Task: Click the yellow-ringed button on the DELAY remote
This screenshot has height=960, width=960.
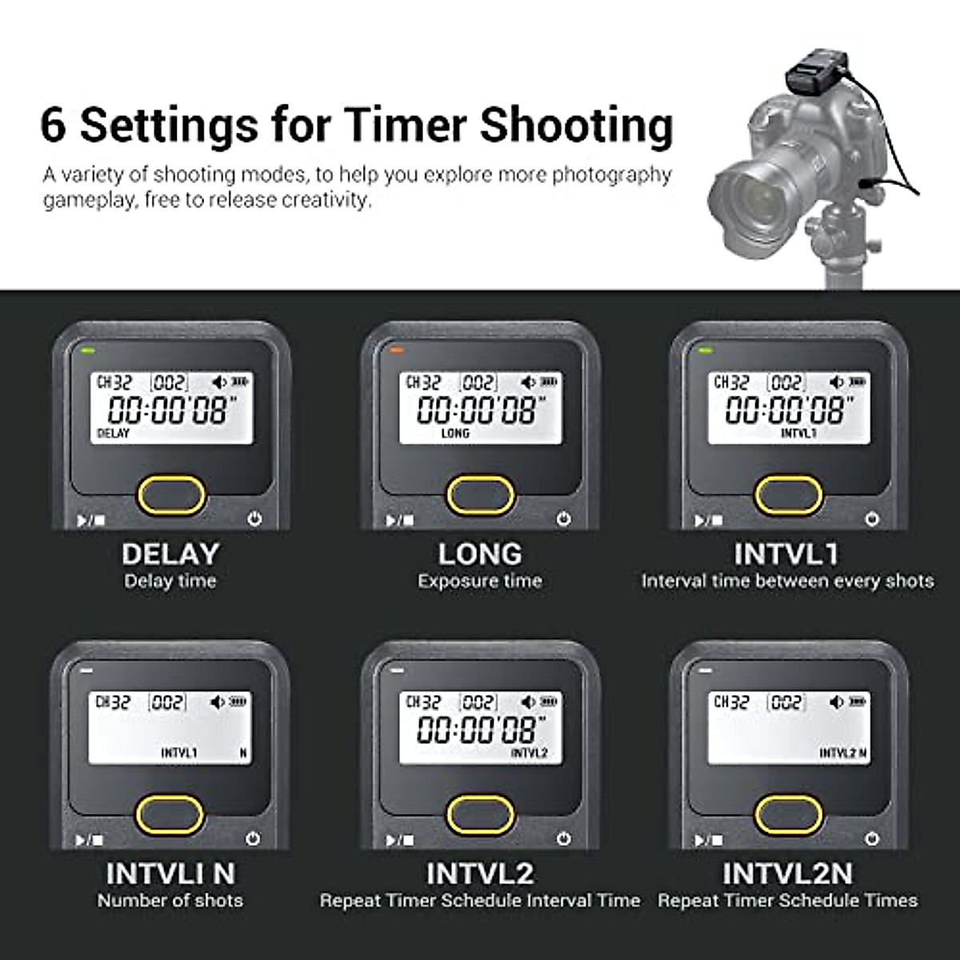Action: (171, 495)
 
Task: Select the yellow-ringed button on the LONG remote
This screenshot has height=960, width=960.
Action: (480, 495)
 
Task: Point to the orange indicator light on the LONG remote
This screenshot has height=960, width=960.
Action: (394, 350)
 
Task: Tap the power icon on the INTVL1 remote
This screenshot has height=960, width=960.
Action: (872, 519)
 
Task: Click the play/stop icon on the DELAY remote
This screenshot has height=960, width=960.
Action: (90, 521)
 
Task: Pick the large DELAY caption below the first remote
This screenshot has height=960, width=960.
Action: (170, 554)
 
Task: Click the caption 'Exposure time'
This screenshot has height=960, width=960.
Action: (480, 581)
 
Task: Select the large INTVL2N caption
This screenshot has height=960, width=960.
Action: (788, 873)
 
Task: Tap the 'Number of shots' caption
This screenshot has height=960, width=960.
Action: (170, 900)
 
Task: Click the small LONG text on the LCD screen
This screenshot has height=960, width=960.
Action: (455, 433)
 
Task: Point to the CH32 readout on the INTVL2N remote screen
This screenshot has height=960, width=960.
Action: (731, 702)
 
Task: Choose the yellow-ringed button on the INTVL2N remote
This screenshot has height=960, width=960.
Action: (789, 814)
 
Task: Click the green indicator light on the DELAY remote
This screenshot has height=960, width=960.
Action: (86, 350)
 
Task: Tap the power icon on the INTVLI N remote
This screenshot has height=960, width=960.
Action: (254, 839)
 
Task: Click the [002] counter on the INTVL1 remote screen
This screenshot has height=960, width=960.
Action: (786, 383)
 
